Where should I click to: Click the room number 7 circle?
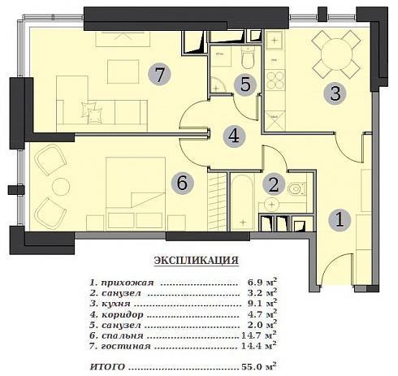point(159,74)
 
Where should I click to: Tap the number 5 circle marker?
point(245,84)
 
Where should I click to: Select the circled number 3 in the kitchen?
point(335,93)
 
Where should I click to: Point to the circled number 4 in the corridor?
point(234,136)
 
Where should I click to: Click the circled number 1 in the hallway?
point(340,220)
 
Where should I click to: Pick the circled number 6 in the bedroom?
point(182,183)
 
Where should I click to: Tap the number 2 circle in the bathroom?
point(274,184)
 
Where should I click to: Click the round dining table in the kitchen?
point(336,54)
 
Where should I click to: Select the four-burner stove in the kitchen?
point(275,80)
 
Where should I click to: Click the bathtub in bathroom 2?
point(243,202)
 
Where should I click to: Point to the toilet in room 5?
point(248,58)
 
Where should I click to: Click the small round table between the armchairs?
point(61,187)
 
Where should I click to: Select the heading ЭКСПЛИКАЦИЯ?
point(197,261)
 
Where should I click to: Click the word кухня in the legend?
point(116,304)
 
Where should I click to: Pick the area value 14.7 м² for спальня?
point(259,335)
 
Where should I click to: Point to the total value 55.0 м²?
point(259,366)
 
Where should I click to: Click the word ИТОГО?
point(107,367)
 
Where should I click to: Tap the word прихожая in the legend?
point(128,283)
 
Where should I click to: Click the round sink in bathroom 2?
point(272,205)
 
